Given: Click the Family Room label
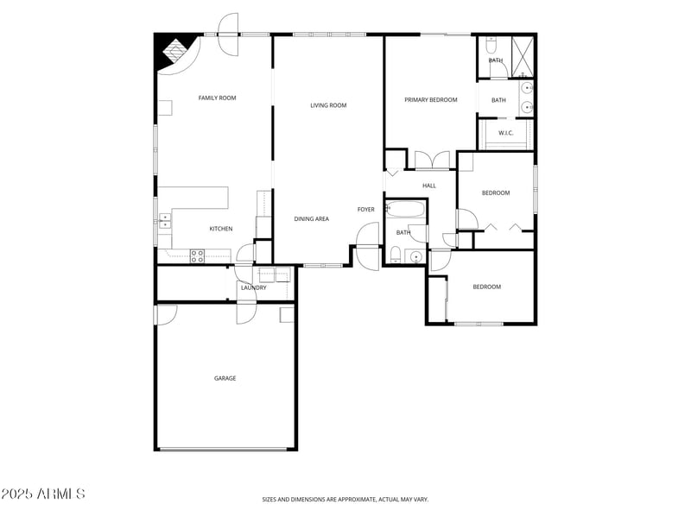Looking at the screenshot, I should [x=217, y=98].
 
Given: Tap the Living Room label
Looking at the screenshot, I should [x=328, y=106].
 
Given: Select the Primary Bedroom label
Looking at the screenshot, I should [x=430, y=100].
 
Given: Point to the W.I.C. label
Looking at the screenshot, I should [x=506, y=133].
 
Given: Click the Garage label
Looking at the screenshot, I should [x=225, y=378].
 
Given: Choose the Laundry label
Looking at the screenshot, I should [x=253, y=287].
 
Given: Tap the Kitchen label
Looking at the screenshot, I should [x=221, y=229].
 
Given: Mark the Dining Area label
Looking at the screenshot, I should [x=311, y=219].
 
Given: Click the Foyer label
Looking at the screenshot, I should [x=366, y=210].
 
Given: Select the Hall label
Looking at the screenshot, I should [x=429, y=186].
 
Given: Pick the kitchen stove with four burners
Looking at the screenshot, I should [x=197, y=255].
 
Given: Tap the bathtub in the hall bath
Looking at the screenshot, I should [x=405, y=209].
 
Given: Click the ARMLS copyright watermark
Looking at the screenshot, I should [x=43, y=495].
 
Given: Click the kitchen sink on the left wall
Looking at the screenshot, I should [x=164, y=222].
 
